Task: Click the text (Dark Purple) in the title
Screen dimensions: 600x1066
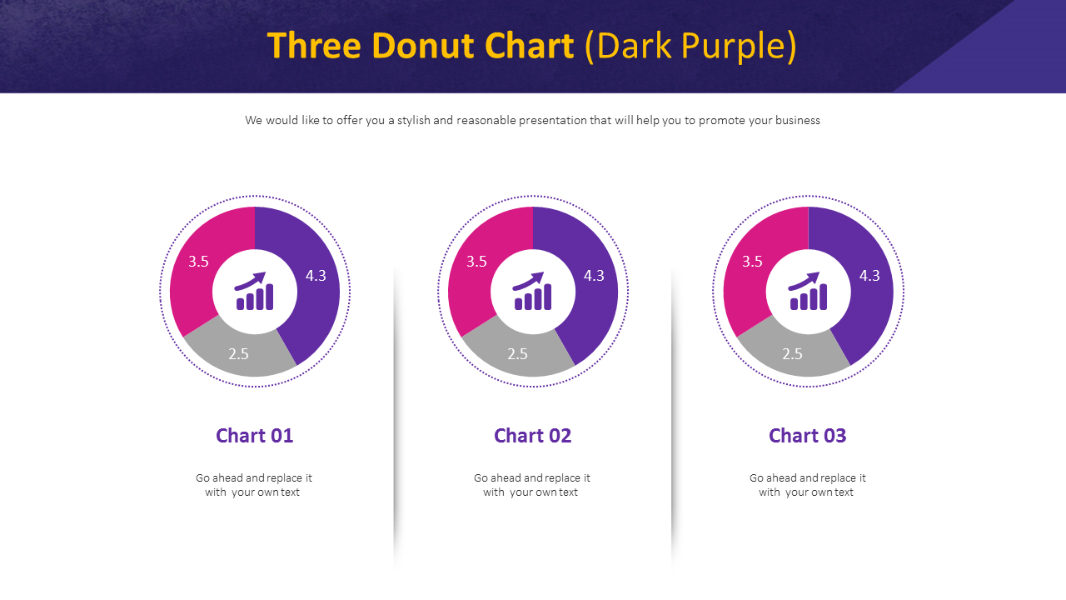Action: [690, 46]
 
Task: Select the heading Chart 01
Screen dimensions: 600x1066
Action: [254, 435]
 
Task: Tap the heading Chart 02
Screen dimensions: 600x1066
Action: [532, 435]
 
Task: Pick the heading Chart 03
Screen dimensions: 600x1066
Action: [807, 435]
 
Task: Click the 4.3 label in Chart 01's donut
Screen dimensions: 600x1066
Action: [316, 276]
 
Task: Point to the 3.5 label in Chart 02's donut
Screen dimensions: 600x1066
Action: [476, 262]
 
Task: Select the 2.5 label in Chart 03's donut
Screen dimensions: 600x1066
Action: [792, 354]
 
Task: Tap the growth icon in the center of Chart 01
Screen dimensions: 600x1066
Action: [254, 292]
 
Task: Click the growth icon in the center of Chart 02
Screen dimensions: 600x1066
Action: [532, 292]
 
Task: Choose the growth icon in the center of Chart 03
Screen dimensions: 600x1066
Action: [808, 292]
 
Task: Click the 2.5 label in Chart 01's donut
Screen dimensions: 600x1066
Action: [239, 354]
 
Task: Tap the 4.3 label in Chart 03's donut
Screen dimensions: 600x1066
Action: [869, 276]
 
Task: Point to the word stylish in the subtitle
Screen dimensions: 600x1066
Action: [413, 120]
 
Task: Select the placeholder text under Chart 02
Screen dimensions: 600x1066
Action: [531, 485]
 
